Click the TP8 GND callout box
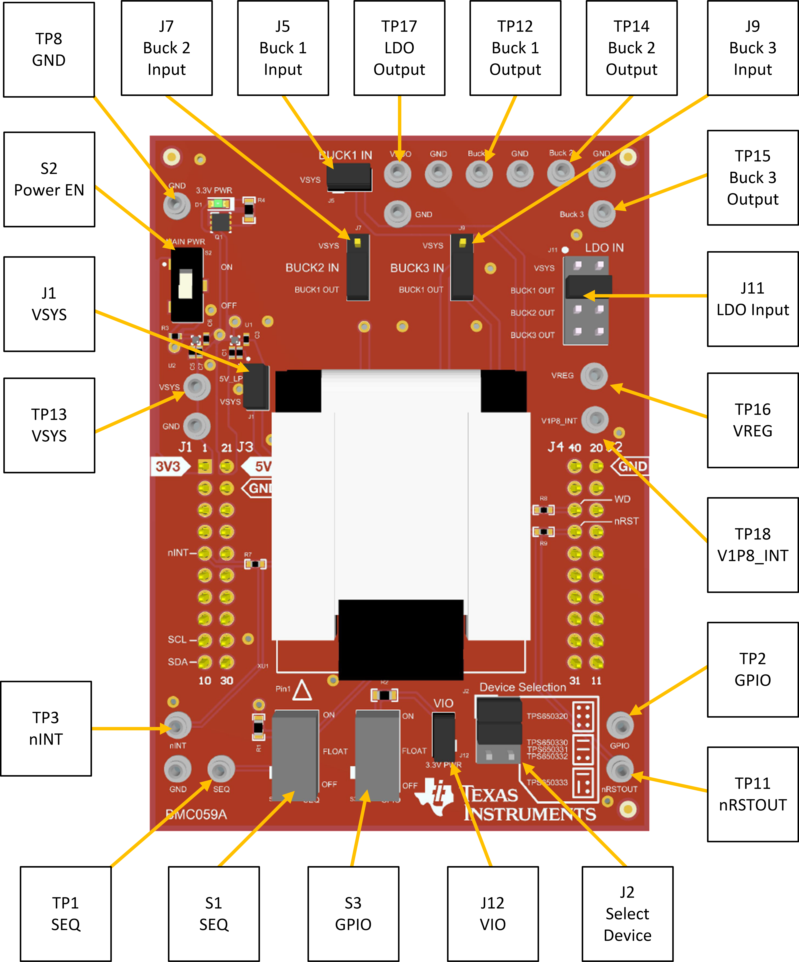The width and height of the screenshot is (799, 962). click(49, 49)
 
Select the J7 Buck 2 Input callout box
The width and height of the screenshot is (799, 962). click(167, 48)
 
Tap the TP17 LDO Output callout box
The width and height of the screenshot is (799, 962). click(399, 48)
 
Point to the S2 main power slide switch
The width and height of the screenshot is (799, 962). click(186, 285)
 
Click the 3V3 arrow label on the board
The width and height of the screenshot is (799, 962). click(169, 466)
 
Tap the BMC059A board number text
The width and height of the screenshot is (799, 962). click(196, 814)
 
